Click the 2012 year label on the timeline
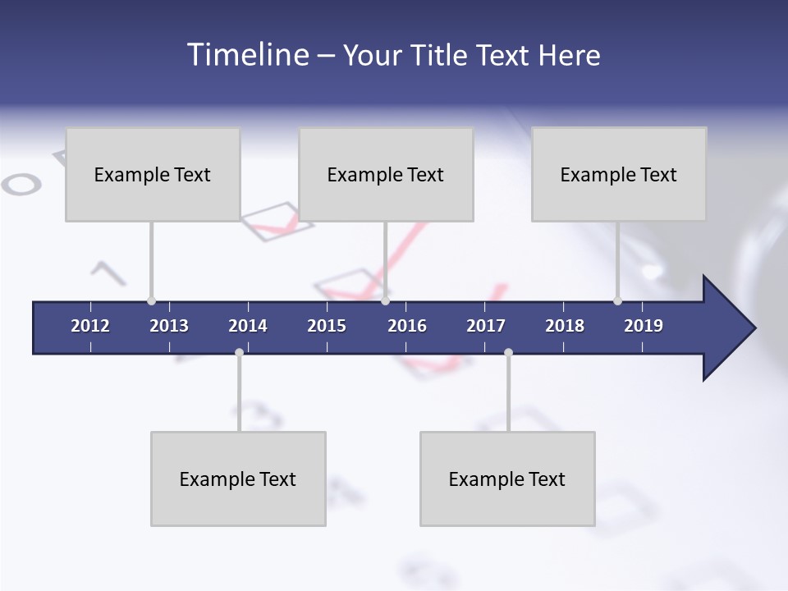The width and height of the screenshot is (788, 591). point(90,326)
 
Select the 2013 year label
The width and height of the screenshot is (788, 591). point(169,326)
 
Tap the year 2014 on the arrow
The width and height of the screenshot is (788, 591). point(248,326)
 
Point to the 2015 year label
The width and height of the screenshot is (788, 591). point(327,326)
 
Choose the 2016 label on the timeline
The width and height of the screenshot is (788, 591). point(407,326)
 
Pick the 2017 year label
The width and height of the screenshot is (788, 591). point(486,326)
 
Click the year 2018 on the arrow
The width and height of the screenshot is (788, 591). point(565,326)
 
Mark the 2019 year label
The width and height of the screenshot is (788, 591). point(644,326)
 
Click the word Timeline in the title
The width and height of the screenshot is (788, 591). point(247,55)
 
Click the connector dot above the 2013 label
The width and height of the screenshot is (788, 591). point(151,301)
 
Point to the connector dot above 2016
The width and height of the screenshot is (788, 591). point(385,301)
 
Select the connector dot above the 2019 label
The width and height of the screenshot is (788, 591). point(617,301)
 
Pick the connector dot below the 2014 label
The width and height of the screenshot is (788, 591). point(239,352)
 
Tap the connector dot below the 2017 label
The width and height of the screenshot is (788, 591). point(508,352)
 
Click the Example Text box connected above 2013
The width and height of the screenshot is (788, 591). point(153,174)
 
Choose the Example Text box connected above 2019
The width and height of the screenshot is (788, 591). point(619,174)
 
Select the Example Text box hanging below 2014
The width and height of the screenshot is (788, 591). point(238,479)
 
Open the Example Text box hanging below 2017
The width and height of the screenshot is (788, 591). point(507,479)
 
